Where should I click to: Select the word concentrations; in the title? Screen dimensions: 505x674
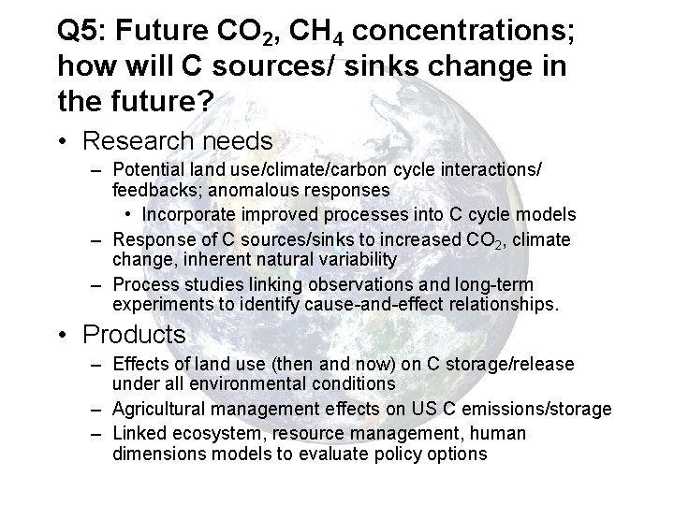pyautogui.click(x=465, y=31)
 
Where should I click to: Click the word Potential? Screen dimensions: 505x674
pyautogui.click(x=146, y=171)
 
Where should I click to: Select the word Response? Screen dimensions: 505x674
pyautogui.click(x=147, y=239)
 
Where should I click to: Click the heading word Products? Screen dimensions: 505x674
pyautogui.click(x=135, y=334)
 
